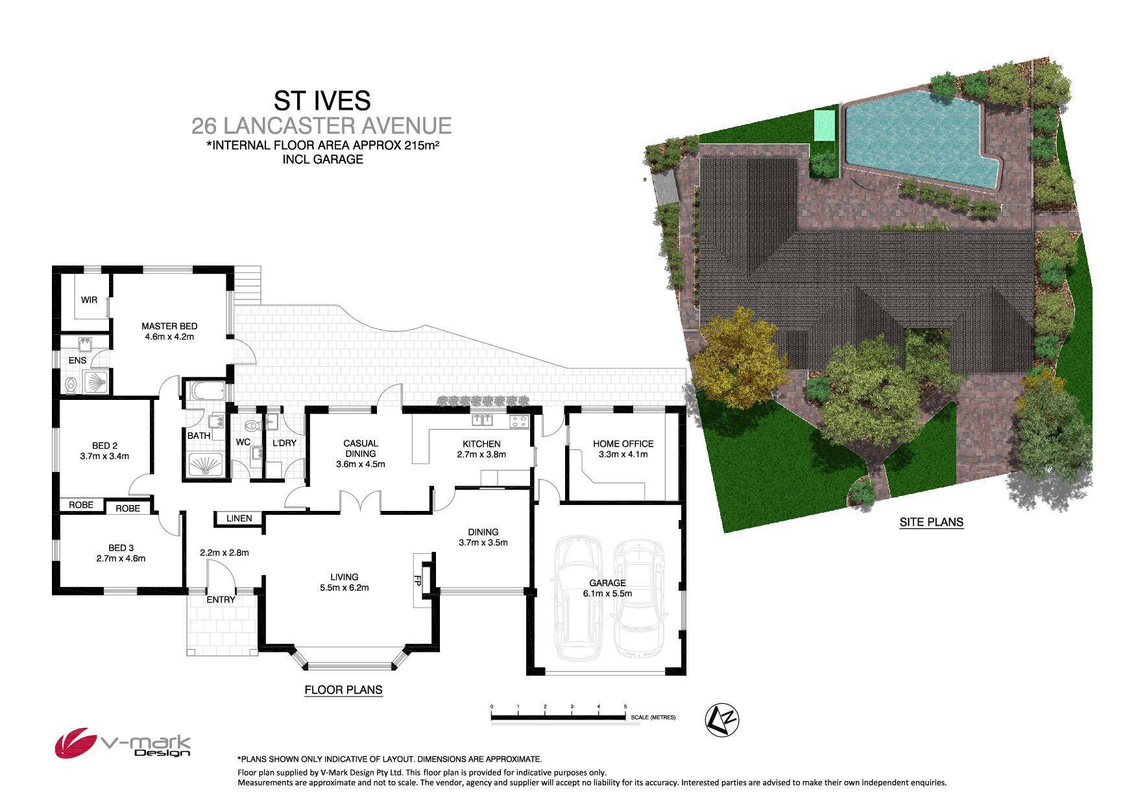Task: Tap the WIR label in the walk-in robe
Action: pyautogui.click(x=89, y=300)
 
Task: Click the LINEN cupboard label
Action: pyautogui.click(x=239, y=518)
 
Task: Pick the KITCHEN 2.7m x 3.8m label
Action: pyautogui.click(x=481, y=449)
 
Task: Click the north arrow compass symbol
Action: pyautogui.click(x=722, y=720)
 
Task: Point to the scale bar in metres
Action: pyautogui.click(x=559, y=717)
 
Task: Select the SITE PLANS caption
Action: pyautogui.click(x=931, y=521)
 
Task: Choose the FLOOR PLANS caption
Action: pyautogui.click(x=343, y=689)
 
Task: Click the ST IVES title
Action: pyautogui.click(x=322, y=101)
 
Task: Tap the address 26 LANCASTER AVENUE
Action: pyautogui.click(x=322, y=125)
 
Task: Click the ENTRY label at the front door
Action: pyautogui.click(x=221, y=599)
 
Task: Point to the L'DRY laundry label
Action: pyautogui.click(x=284, y=443)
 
